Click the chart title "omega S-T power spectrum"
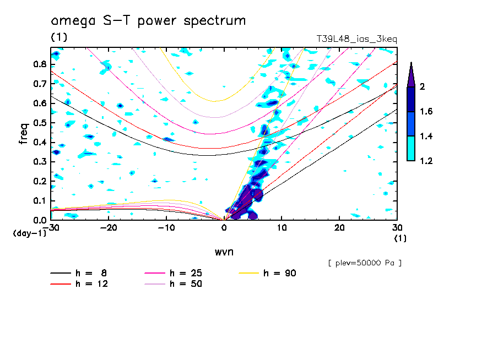click(x=148, y=21)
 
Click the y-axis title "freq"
click(x=23, y=133)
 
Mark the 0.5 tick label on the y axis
click(x=39, y=123)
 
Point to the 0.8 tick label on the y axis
click(x=39, y=64)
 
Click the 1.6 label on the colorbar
click(x=425, y=112)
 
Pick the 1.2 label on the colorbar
click(x=425, y=161)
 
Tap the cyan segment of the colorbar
click(x=411, y=149)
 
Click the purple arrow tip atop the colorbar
click(x=411, y=74)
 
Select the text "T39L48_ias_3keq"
click(x=356, y=39)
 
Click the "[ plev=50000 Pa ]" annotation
click(x=365, y=263)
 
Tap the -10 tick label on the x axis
click(x=166, y=228)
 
